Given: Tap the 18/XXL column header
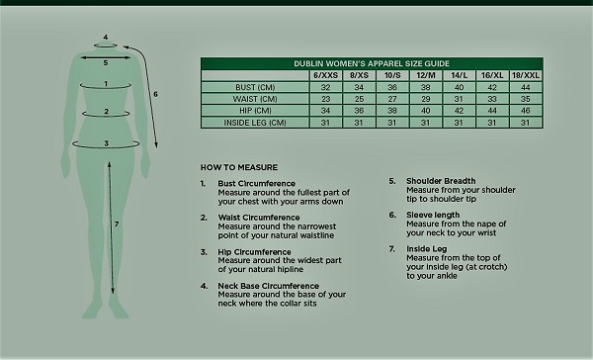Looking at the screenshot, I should (x=526, y=75).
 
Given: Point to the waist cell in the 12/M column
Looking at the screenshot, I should (x=426, y=99).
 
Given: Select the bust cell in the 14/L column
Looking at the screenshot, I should (x=459, y=87).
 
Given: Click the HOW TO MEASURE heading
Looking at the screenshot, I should (x=238, y=167).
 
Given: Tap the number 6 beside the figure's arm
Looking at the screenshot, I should (x=156, y=95).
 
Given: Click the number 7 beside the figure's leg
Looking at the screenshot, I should (x=118, y=225).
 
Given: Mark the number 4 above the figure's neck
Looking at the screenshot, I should (x=106, y=38).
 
